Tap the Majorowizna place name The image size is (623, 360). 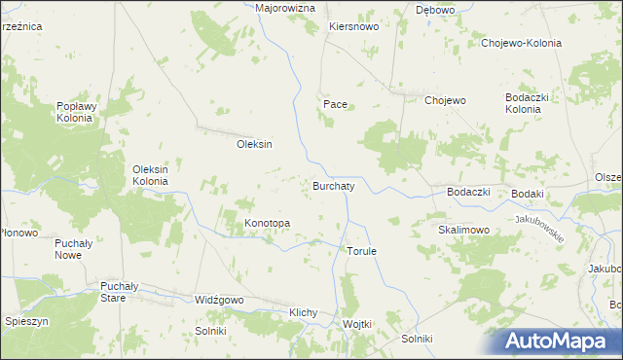285,8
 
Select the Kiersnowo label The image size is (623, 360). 353,27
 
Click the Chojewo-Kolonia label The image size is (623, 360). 522,43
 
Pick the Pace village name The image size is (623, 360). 335,103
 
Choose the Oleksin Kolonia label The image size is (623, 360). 151,175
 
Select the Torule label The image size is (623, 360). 361,251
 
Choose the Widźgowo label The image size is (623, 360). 219,301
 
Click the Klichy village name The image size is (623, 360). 305,312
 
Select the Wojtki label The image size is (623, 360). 357,324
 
